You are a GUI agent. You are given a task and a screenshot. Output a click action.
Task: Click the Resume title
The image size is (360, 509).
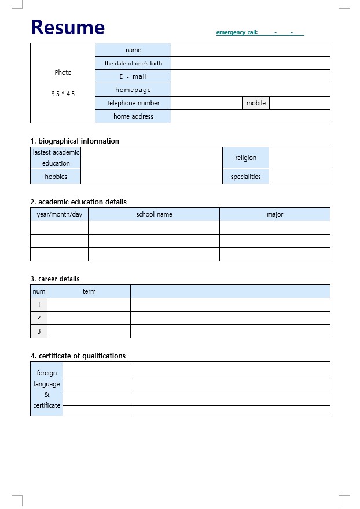coord(68,27)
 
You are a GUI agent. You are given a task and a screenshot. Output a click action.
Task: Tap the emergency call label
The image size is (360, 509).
coord(237,32)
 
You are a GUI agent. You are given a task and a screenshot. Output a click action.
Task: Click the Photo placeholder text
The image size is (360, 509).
coord(63,72)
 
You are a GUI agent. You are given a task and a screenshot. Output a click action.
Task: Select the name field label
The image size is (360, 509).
coord(133,50)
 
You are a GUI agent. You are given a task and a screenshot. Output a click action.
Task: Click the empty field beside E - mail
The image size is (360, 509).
coord(250,76)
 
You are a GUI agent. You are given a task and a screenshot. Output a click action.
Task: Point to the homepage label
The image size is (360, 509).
coord(133,90)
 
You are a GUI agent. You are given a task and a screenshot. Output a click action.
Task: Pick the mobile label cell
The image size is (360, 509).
coord(256,103)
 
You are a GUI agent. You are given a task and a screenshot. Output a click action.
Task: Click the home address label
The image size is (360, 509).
coord(133,116)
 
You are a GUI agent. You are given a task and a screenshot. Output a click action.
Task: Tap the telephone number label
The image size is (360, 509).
coord(133,103)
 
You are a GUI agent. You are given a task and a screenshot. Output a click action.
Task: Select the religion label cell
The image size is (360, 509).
coord(245,158)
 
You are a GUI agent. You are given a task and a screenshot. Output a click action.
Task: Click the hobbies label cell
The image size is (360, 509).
coord(56,177)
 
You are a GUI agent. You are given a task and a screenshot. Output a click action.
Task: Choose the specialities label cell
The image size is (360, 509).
coord(245,177)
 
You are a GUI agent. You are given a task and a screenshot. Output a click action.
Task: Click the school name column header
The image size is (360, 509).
coord(154,214)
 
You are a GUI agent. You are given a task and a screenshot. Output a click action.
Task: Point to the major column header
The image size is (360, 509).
coord(275,214)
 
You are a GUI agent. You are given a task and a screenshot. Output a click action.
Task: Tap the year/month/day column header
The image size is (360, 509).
coord(59,214)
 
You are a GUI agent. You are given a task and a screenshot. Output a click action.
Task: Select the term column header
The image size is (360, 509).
coord(89,291)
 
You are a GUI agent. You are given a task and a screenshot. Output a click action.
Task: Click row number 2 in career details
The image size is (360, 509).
coord(39,318)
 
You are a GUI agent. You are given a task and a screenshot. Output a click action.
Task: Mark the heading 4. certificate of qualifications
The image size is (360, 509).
coord(78,356)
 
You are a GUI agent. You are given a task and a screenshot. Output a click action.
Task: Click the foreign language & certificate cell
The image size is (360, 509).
coord(46,389)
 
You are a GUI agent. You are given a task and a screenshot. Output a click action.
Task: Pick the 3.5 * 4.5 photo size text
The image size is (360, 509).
coord(63,94)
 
